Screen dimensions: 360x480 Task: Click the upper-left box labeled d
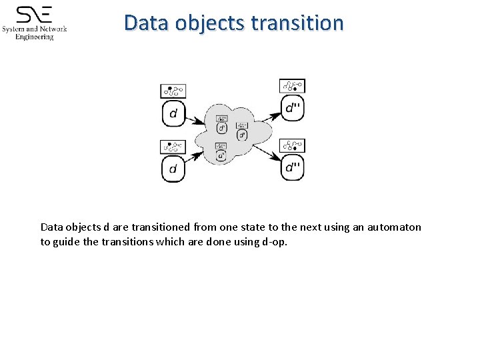pyautogui.click(x=173, y=113)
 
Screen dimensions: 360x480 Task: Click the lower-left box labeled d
pyautogui.click(x=173, y=169)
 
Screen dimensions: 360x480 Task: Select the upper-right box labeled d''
pyautogui.click(x=292, y=108)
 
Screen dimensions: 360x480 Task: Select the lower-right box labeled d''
pyautogui.click(x=292, y=167)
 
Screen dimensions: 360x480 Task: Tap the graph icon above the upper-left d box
pyautogui.click(x=173, y=91)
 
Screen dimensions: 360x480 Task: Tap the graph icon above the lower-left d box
pyautogui.click(x=173, y=147)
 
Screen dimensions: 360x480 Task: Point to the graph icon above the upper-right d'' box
pyautogui.click(x=292, y=85)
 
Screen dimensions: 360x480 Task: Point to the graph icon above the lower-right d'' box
pyautogui.click(x=292, y=145)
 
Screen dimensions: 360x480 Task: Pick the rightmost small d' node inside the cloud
pyautogui.click(x=243, y=134)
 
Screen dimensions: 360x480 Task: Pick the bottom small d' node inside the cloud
pyautogui.click(x=221, y=155)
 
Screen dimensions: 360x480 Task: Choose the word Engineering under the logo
pyautogui.click(x=35, y=37)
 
